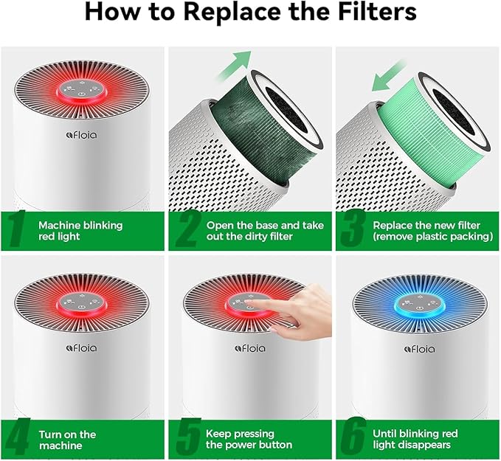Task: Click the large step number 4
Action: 18,438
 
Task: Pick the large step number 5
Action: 187,438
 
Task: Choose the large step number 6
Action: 355,438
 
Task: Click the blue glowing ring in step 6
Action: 417,304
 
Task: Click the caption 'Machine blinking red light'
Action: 80,229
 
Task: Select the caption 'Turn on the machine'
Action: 67,438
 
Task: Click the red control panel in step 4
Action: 82,305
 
